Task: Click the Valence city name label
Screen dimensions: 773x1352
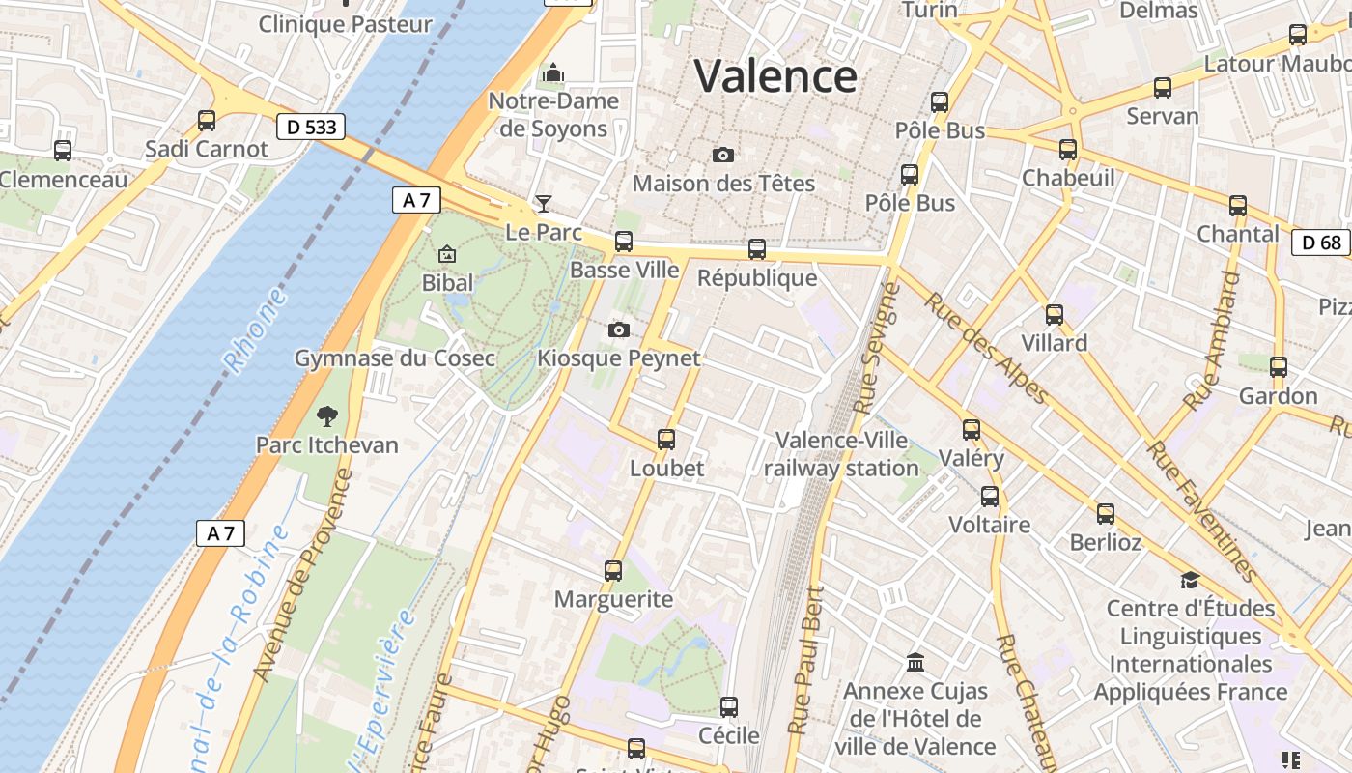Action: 775,75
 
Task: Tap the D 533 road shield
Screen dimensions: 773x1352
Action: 311,127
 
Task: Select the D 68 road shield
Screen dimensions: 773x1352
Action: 1321,242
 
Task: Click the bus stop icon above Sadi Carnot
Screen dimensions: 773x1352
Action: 207,121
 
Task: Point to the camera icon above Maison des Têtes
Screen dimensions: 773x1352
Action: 722,155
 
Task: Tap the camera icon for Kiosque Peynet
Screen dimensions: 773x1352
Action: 619,330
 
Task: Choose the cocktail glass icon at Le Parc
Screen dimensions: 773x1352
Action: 544,204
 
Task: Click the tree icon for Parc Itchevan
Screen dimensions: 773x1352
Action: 327,416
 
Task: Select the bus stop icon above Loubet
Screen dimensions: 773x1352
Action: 666,440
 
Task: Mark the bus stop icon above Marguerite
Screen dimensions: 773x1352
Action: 613,571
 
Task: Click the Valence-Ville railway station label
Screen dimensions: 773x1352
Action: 842,454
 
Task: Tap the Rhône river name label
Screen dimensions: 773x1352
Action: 255,330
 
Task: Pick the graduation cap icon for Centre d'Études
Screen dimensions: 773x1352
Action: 1190,580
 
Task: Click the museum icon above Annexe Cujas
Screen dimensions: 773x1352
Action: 915,663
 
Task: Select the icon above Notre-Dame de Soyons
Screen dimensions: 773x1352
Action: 552,72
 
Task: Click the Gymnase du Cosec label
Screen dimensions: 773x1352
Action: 394,358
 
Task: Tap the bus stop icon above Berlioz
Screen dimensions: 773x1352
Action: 1106,514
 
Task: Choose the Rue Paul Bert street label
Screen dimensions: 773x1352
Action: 807,659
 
